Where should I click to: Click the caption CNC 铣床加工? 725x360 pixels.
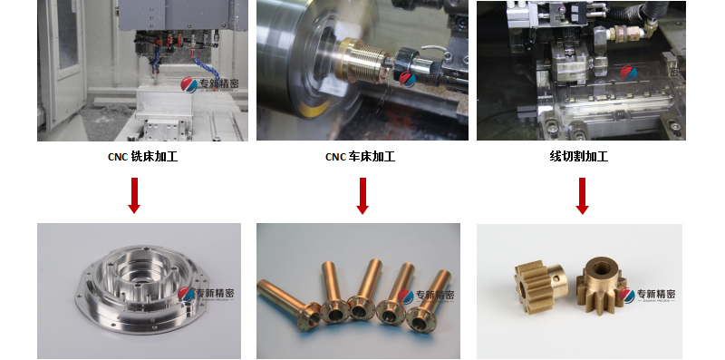[x=141, y=157]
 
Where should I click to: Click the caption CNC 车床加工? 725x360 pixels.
[x=360, y=157]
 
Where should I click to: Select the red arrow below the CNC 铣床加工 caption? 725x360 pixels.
[x=134, y=195]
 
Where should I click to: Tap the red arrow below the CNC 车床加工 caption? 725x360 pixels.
[x=362, y=195]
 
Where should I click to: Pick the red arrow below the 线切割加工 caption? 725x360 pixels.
[x=582, y=195]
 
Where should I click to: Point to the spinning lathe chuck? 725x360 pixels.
[x=290, y=54]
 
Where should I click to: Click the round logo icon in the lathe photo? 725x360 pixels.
[x=408, y=79]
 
